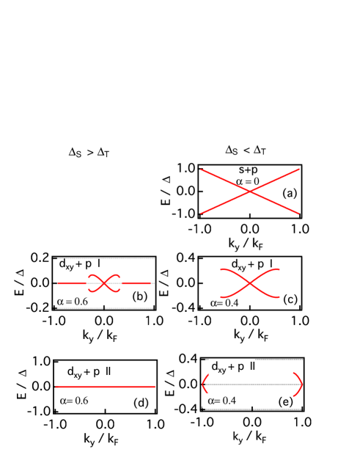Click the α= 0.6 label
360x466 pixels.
pos(71,401)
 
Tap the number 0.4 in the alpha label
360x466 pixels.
pos(229,401)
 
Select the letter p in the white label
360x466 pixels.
pos(240,367)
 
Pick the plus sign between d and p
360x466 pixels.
pos(231,367)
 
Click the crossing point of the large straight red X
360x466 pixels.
pos(250,192)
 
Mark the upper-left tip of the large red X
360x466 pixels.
pos(202,170)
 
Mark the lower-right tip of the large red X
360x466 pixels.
pos(298,214)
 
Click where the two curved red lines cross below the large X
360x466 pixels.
pos(250,283)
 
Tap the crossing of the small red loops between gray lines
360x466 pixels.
pos(104,283)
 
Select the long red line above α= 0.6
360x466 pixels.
pos(106,386)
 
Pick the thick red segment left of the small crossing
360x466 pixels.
pos(72,283)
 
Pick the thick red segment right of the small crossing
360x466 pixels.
pos(136,283)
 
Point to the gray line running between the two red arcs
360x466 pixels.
pos(252,385)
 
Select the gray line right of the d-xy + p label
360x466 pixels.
pos(279,360)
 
